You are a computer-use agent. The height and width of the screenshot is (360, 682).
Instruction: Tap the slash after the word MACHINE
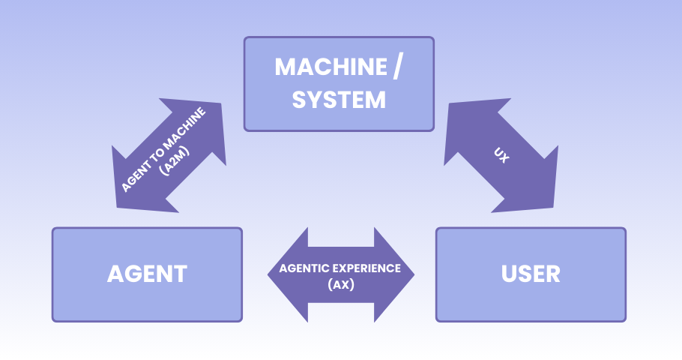pyautogui.click(x=396, y=67)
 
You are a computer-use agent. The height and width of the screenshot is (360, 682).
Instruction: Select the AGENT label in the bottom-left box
pyautogui.click(x=147, y=274)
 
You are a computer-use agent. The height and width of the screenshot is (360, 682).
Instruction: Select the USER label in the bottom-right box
pyautogui.click(x=531, y=274)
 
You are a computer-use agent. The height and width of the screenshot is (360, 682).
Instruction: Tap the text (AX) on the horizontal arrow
pyautogui.click(x=341, y=285)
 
